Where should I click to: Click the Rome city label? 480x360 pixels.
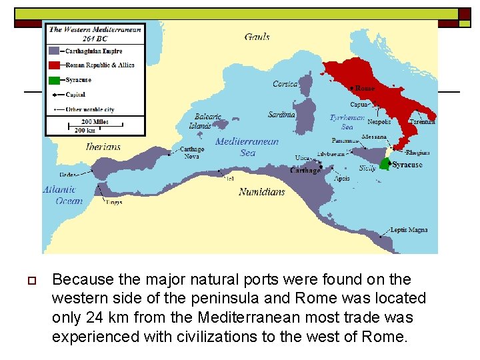coord(365,88)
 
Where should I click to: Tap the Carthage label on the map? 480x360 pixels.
coord(305,171)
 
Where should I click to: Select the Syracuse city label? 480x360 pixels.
coord(407,165)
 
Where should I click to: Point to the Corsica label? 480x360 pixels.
coord(285,84)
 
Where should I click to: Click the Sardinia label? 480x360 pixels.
coord(281,115)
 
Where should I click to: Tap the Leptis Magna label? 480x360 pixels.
coord(409,230)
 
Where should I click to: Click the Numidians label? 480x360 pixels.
coord(262,192)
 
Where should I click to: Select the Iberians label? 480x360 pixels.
coord(103,147)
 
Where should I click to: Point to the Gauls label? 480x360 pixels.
coord(257,37)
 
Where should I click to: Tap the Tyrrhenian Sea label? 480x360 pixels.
coord(347,122)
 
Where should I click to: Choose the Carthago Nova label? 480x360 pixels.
coord(192,153)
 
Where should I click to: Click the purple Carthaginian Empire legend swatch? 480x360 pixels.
coord(55,51)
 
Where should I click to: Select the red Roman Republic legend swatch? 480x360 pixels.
coord(55,65)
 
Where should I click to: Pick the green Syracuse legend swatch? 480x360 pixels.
coord(55,80)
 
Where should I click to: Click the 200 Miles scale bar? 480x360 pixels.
coord(95,123)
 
